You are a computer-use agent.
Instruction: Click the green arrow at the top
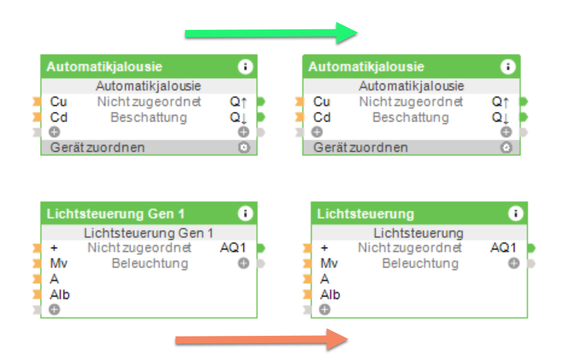(270, 33)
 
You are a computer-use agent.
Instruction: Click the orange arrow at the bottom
(261, 340)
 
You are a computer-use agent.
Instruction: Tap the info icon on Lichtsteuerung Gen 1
(245, 213)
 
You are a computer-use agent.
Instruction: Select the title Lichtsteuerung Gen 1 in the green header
(115, 214)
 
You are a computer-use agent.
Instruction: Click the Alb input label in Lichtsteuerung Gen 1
(59, 294)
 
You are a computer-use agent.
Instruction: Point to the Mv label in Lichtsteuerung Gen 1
(58, 263)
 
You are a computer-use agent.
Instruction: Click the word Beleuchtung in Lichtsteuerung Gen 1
(150, 263)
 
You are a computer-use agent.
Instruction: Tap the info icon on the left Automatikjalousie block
(245, 67)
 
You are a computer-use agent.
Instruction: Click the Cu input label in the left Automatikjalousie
(58, 102)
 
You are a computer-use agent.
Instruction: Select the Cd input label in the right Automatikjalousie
(322, 117)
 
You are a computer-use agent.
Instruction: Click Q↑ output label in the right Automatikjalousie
(500, 102)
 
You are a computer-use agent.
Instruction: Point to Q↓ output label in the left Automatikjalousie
(238, 117)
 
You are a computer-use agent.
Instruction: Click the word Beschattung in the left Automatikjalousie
(149, 117)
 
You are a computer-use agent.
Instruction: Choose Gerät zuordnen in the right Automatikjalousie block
(360, 148)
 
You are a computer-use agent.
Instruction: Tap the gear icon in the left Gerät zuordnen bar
(244, 148)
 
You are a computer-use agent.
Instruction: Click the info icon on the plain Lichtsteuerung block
(516, 213)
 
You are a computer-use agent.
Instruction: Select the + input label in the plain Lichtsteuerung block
(324, 248)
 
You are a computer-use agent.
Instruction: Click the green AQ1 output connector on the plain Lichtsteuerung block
(531, 248)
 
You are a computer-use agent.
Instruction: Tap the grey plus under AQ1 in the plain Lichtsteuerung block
(513, 263)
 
